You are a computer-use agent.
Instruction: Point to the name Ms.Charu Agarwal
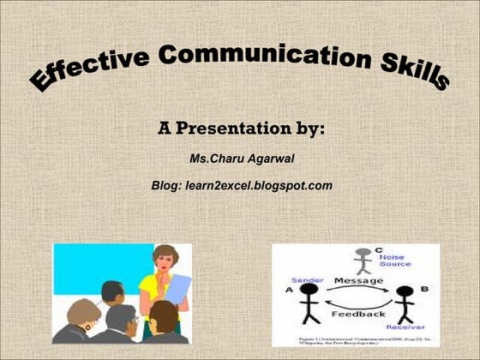[x=241, y=159]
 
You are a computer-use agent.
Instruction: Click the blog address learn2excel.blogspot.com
[x=257, y=184]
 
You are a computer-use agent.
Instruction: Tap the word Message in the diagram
[x=358, y=280]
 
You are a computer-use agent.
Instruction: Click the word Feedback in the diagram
[x=357, y=315]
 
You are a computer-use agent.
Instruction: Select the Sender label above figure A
[x=307, y=280]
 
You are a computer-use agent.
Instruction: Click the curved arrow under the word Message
[x=358, y=292]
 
